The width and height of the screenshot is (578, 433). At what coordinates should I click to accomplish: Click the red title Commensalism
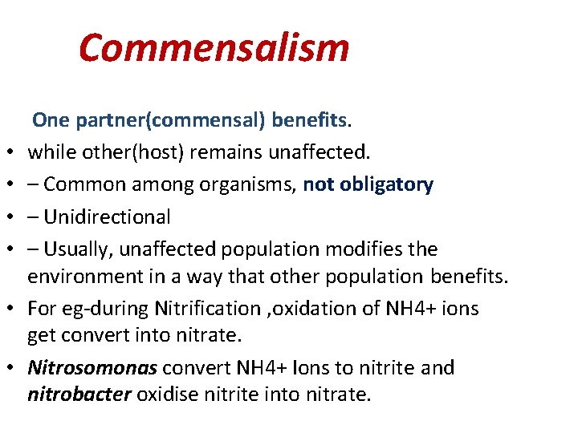pyautogui.click(x=214, y=48)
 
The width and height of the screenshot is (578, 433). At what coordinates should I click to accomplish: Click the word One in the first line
pyautogui.click(x=51, y=120)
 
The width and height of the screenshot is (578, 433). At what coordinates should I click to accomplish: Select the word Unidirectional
pyautogui.click(x=108, y=216)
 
